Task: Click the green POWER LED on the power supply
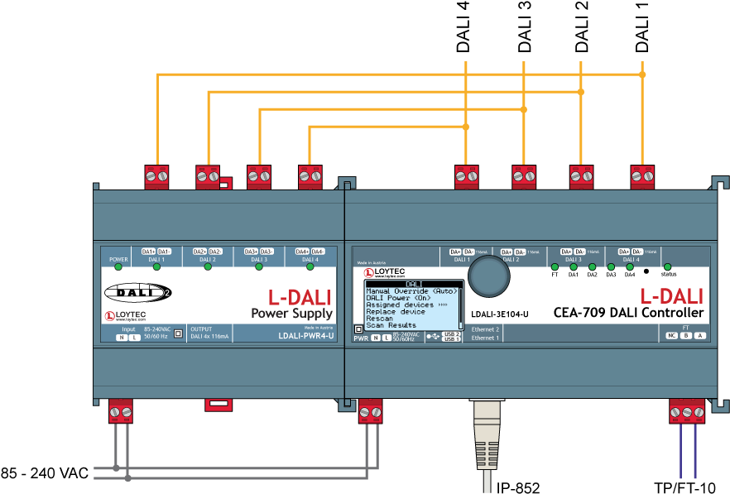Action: pyautogui.click(x=118, y=266)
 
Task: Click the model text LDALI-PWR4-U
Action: pyautogui.click(x=305, y=336)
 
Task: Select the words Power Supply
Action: pyautogui.click(x=291, y=314)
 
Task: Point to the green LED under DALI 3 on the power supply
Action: pyautogui.click(x=259, y=266)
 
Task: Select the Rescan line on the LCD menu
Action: pyautogui.click(x=380, y=319)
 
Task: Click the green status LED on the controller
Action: pyautogui.click(x=668, y=266)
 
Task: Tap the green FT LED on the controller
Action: pyautogui.click(x=555, y=266)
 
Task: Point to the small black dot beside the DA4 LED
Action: pyautogui.click(x=646, y=271)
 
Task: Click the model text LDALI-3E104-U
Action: pyautogui.click(x=499, y=315)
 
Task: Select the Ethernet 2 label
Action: pyautogui.click(x=486, y=329)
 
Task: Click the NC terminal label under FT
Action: pyautogui.click(x=671, y=335)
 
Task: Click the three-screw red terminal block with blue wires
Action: pyautogui.click(x=687, y=410)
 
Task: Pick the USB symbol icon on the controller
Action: pyautogui.click(x=433, y=337)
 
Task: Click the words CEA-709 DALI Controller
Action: pyautogui.click(x=628, y=313)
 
